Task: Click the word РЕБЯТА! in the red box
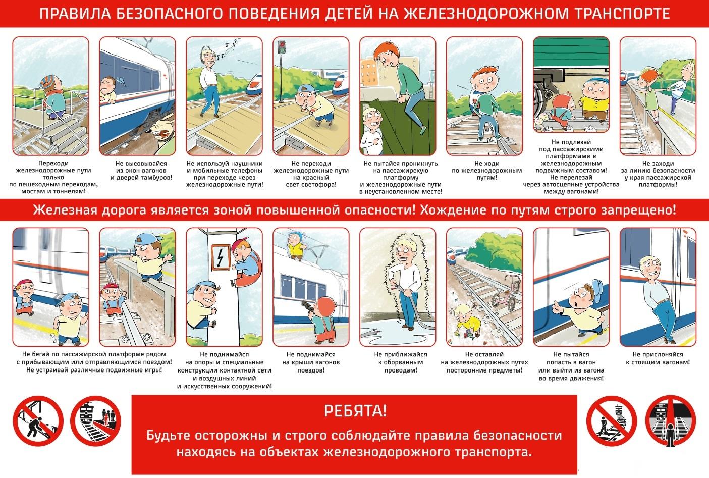click(x=355, y=411)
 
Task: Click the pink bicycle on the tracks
click(x=506, y=293)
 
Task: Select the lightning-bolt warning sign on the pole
click(x=221, y=257)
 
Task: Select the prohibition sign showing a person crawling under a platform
click(x=38, y=421)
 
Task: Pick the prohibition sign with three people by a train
click(x=95, y=421)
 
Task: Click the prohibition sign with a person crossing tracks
click(x=612, y=421)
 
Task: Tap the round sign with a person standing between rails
click(x=670, y=421)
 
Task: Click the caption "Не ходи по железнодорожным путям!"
click(x=487, y=170)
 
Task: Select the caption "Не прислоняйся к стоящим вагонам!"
click(x=658, y=358)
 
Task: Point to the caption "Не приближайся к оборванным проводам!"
click(x=400, y=362)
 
